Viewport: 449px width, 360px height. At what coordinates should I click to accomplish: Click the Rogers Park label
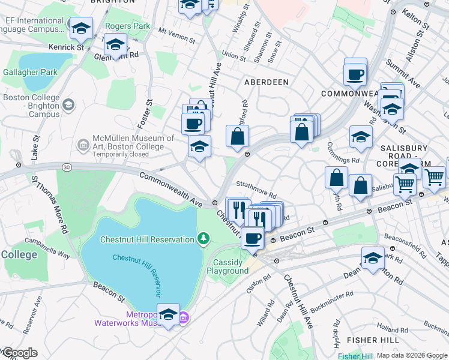tap(127, 26)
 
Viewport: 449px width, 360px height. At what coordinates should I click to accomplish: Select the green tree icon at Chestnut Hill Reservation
tap(204, 239)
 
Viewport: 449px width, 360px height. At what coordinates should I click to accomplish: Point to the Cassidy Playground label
tap(228, 266)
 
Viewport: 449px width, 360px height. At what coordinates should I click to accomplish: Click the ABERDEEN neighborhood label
tap(266, 82)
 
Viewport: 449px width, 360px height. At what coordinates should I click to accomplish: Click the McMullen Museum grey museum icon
tap(82, 144)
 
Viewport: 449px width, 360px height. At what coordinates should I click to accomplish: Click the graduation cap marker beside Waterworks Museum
tap(169, 314)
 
